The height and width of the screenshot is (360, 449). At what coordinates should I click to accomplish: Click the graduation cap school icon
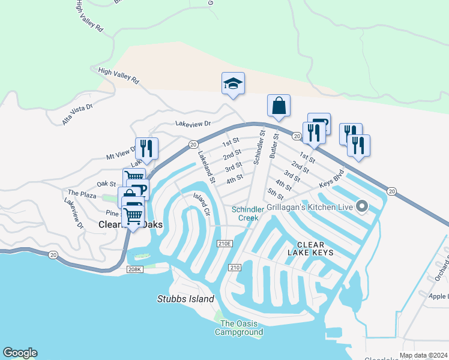pyautogui.click(x=233, y=83)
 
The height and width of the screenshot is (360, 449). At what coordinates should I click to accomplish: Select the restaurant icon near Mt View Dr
pyautogui.click(x=146, y=147)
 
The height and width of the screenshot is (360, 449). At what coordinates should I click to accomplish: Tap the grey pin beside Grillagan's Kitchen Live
pyautogui.click(x=361, y=207)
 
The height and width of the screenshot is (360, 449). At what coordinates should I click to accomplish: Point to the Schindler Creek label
pyautogui.click(x=246, y=214)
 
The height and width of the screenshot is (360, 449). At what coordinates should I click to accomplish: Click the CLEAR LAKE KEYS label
pyautogui.click(x=311, y=249)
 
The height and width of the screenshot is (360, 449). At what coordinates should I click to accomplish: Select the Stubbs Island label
pyautogui.click(x=185, y=299)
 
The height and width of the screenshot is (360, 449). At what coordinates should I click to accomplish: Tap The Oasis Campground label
pyautogui.click(x=240, y=328)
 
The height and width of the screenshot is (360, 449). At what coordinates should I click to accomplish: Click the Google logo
pyautogui.click(x=20, y=353)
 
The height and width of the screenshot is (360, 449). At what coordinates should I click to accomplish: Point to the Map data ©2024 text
pyautogui.click(x=423, y=355)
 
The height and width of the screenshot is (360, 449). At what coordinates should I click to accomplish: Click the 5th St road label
pyautogui.click(x=276, y=194)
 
